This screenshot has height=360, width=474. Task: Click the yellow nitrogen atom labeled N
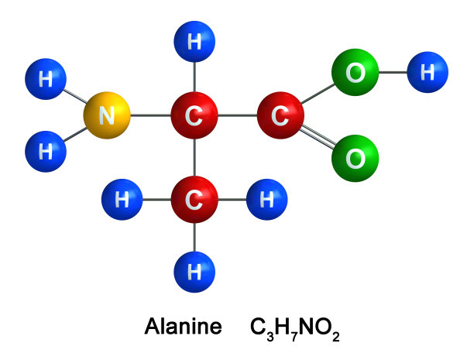(x=107, y=115)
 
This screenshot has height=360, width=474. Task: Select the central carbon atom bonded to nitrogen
(x=194, y=115)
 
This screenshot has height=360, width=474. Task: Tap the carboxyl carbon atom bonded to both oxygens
(x=280, y=115)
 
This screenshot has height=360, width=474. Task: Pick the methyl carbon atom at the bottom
(x=194, y=200)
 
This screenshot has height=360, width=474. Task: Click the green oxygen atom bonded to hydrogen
(x=355, y=72)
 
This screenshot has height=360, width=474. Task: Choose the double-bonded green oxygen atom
(x=355, y=159)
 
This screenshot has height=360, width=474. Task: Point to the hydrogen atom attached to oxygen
(x=428, y=72)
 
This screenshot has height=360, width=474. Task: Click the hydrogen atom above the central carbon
(x=194, y=41)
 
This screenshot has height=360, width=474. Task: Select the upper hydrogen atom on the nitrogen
(x=46, y=79)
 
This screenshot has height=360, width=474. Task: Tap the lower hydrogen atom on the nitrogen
(x=46, y=152)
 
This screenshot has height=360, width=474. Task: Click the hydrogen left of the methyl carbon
(x=122, y=200)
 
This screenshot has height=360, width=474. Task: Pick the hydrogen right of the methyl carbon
(x=267, y=200)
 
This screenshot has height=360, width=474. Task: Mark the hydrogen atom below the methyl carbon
(x=194, y=272)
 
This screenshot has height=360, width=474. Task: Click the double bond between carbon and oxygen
(x=318, y=136)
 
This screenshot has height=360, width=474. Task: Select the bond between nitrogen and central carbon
(x=150, y=115)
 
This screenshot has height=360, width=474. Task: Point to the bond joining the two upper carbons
(x=238, y=115)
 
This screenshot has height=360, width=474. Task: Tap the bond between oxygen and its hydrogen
(x=393, y=72)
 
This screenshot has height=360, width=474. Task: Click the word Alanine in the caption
(x=184, y=327)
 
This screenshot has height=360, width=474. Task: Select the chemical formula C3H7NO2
(x=295, y=329)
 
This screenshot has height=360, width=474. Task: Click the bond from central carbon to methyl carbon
(x=194, y=157)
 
